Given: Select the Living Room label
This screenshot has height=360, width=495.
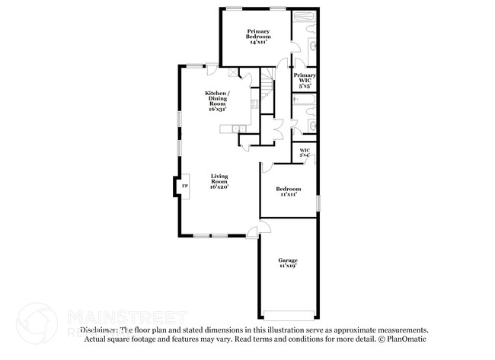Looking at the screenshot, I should (219, 180).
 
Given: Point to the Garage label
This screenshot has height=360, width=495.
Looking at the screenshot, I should (288, 261).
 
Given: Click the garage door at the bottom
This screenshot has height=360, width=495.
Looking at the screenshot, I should (289, 315).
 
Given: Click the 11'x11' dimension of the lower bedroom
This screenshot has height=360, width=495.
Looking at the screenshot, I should (288, 194).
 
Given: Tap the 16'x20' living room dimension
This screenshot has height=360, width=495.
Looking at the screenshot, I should (219, 186).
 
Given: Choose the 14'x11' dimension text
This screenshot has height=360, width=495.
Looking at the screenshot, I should (257, 42).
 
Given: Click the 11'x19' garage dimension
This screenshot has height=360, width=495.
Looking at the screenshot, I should (288, 266).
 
